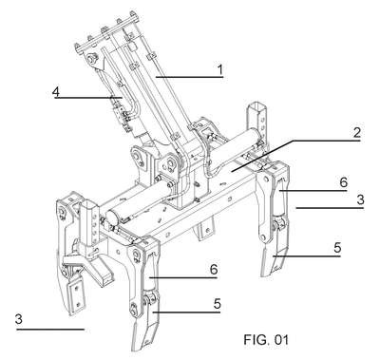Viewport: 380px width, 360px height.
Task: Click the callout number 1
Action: click(x=219, y=69)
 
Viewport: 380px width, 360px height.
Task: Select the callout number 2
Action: click(x=357, y=133)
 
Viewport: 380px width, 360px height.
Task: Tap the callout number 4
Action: click(x=56, y=92)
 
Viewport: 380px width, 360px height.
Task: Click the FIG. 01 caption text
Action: click(x=266, y=340)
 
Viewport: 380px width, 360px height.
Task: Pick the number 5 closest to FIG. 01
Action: click(x=218, y=304)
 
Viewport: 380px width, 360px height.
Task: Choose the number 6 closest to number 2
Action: click(x=344, y=182)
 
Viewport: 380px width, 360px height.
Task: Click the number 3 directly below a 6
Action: click(x=360, y=199)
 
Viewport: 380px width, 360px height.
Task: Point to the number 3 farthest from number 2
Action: click(x=19, y=319)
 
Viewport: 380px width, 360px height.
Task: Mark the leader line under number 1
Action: click(x=189, y=77)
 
